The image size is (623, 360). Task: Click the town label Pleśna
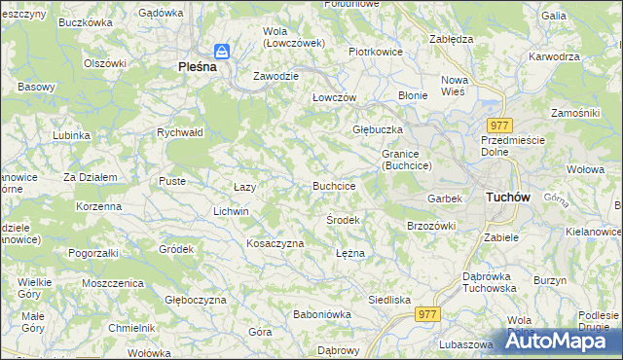[203, 67]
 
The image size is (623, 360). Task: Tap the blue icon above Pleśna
[222, 51]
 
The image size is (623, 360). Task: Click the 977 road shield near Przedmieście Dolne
[500, 126]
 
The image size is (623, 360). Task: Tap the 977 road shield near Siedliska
[427, 313]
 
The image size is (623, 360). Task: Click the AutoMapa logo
[565, 341]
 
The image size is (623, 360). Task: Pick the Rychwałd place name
[179, 132]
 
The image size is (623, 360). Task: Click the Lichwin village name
[232, 211]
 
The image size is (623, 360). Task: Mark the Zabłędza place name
[451, 39]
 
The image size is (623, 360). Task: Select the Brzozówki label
[430, 226]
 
